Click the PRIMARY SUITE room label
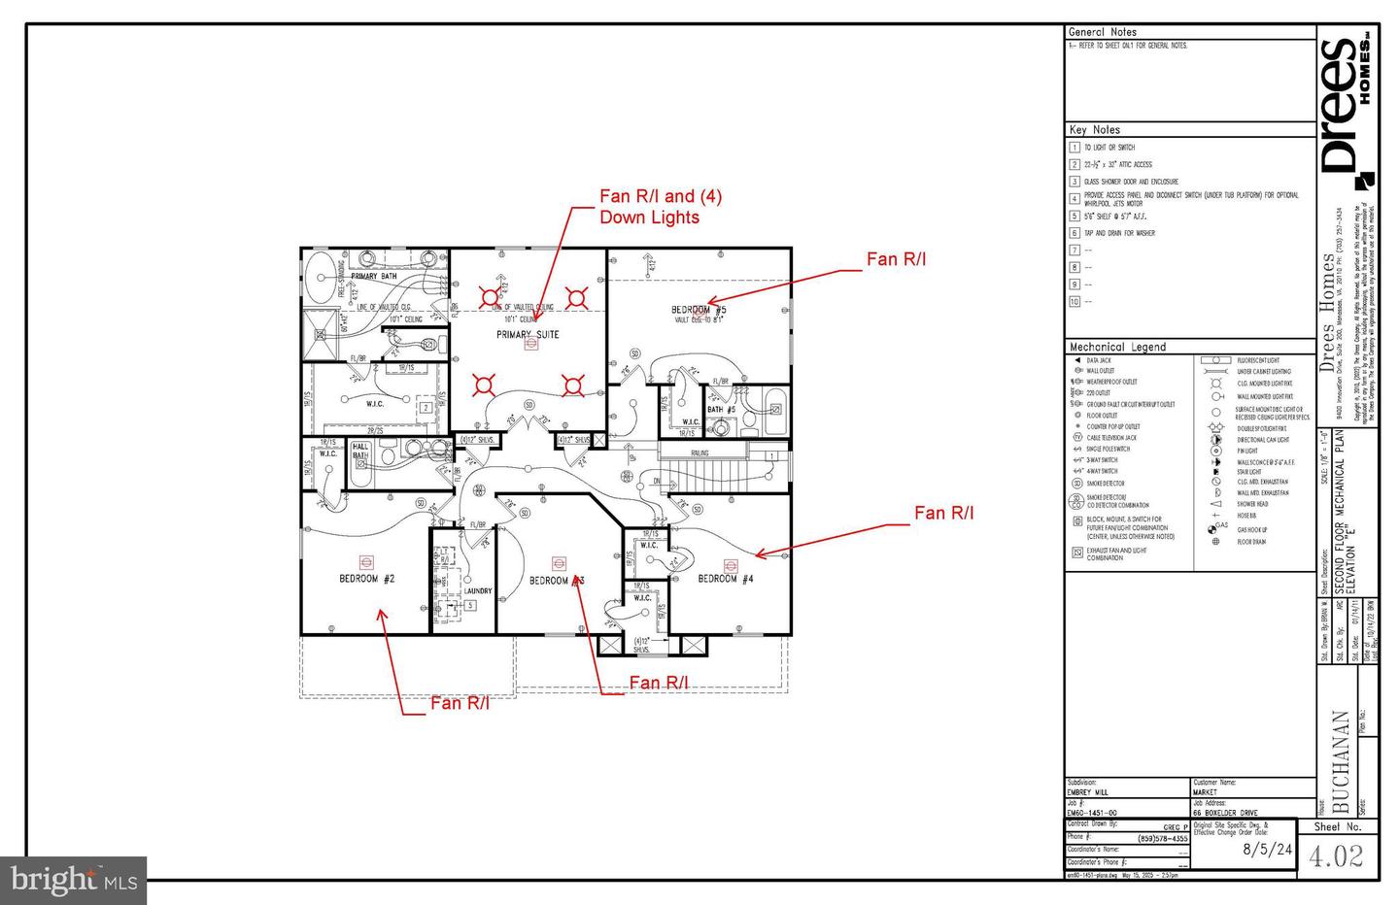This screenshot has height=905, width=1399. coord(528,334)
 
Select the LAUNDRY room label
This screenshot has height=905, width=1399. coord(477,590)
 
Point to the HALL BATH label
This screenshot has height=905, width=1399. coord(360,451)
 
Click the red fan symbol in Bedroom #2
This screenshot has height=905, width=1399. coord(367,561)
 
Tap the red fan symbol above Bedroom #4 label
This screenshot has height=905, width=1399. coord(731,563)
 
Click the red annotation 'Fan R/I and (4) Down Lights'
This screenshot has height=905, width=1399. coord(661,207)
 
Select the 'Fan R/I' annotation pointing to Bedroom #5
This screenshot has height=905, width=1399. coord(896,258)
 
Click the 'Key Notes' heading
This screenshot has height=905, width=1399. coord(1095,129)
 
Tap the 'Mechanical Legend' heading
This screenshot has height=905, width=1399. coord(1117,347)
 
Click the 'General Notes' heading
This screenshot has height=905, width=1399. coord(1103,32)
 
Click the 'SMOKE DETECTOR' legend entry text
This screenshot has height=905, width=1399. coord(1106,483)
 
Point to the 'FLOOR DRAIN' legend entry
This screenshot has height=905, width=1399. coord(1250,542)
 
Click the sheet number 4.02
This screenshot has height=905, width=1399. coord(1337,855)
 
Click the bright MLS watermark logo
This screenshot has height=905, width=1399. coord(73,880)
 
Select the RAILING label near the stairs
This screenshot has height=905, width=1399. coord(699,452)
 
